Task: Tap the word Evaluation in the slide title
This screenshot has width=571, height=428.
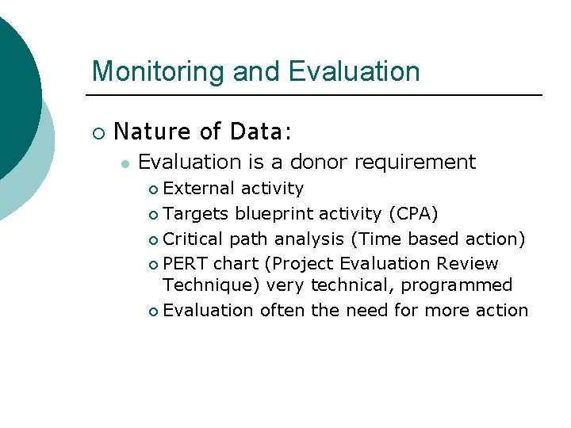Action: coord(354,71)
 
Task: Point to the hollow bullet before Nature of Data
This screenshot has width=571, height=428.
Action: coord(98,132)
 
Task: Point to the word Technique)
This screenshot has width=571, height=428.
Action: coord(212,285)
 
